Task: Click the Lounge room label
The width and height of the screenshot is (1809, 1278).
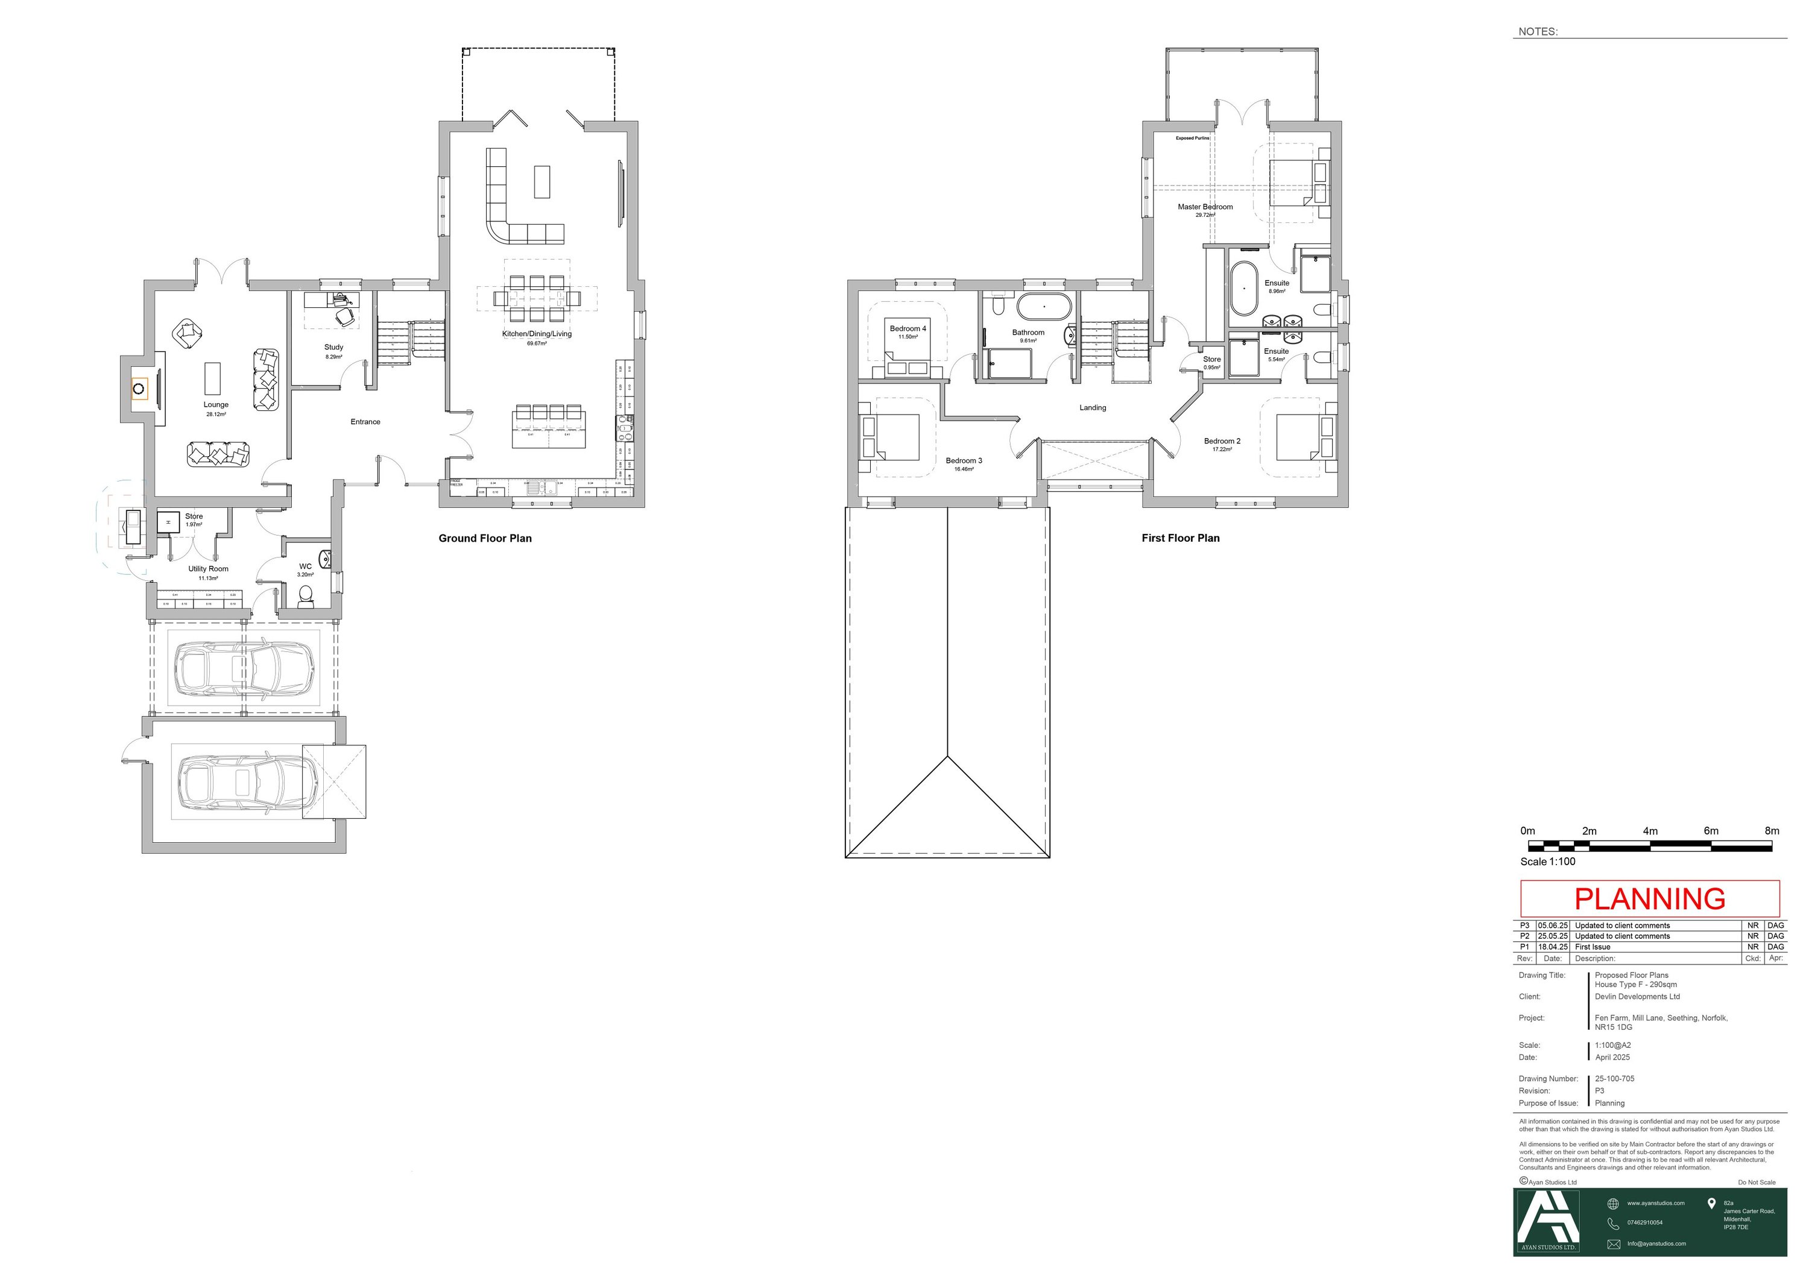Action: (x=216, y=405)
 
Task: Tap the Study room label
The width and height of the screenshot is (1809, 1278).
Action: (x=333, y=347)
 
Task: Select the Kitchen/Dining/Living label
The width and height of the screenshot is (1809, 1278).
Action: (x=537, y=334)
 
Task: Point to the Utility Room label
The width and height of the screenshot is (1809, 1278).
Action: (x=208, y=569)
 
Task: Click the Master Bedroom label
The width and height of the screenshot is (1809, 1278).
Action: (x=1205, y=207)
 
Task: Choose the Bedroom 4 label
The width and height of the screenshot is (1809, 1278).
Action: (x=908, y=328)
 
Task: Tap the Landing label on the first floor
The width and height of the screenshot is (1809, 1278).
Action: (x=1092, y=408)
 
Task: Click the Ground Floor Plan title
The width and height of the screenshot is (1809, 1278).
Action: (x=485, y=539)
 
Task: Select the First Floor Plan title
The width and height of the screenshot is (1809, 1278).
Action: (x=1179, y=539)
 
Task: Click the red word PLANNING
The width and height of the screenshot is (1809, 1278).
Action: (x=1649, y=898)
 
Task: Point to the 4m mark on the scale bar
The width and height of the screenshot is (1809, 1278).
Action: (x=1650, y=831)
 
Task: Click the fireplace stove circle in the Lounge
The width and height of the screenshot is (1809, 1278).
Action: (x=139, y=388)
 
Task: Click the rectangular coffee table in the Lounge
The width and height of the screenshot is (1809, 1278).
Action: (x=212, y=378)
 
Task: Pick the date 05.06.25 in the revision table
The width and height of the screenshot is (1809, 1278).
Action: (x=1552, y=926)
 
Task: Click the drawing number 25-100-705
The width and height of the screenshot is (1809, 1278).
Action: (x=1614, y=1079)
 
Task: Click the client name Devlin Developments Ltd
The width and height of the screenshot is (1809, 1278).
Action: (x=1637, y=996)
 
